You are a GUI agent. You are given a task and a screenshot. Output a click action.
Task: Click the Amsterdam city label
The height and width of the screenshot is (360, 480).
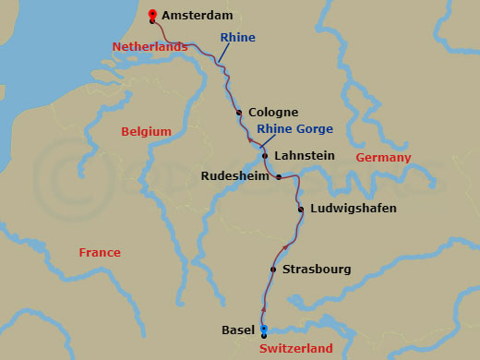tap(197, 16)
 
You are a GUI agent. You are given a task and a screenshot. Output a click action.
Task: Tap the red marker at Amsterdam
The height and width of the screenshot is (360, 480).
tap(151, 15)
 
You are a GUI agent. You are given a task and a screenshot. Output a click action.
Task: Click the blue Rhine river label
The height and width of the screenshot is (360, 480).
tap(237, 38)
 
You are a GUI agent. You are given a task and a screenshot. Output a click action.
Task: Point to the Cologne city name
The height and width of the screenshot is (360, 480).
tap(273, 113)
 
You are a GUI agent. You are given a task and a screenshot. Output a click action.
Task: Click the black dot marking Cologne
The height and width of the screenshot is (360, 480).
tap(239, 113)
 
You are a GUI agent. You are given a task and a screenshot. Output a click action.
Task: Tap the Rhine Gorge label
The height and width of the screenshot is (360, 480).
tap(294, 129)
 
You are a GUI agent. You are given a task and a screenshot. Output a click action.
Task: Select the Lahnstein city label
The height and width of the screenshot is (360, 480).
tap(305, 156)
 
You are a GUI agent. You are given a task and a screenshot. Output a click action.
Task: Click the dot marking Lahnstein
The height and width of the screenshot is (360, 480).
tap(265, 156)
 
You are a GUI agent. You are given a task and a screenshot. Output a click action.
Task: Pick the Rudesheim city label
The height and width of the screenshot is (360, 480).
tap(234, 175)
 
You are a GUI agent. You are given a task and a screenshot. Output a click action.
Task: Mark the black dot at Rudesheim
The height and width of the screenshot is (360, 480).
tap(279, 176)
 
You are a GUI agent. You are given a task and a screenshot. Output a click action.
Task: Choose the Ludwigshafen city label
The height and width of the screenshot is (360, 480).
tap(353, 209)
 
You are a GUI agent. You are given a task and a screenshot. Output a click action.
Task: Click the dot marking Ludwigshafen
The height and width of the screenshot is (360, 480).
tap(301, 210)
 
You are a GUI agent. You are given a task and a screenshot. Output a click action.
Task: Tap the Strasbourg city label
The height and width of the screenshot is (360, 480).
tap(317, 270)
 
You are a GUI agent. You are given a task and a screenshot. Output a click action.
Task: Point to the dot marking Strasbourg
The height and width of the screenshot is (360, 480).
tap(273, 270)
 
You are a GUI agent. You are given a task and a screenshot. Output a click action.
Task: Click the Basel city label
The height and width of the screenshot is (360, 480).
tap(238, 330)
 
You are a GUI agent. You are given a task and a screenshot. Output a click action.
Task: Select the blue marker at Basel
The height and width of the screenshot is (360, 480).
tap(264, 329)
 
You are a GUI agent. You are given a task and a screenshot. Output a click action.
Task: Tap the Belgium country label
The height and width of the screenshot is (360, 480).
tap(146, 132)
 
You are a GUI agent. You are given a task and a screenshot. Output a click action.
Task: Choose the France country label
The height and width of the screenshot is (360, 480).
tap(100, 253)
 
